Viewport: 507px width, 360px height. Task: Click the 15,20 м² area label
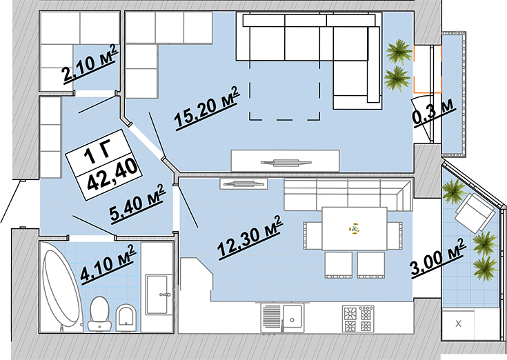207,108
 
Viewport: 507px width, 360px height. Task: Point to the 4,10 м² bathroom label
108,265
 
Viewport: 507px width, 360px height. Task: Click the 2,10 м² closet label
90,64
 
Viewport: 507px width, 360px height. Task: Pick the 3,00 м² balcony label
438,257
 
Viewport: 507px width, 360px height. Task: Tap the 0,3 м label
434,113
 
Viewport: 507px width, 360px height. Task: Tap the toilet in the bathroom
99,314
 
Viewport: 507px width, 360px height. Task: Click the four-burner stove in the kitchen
358,318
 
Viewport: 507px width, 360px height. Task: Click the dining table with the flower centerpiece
355,229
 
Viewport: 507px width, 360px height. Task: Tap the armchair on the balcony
475,212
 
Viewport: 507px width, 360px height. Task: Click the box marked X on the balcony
458,323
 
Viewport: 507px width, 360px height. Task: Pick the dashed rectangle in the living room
284,90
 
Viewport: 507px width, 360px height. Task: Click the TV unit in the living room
285,161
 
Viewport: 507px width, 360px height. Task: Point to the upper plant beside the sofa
399,52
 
